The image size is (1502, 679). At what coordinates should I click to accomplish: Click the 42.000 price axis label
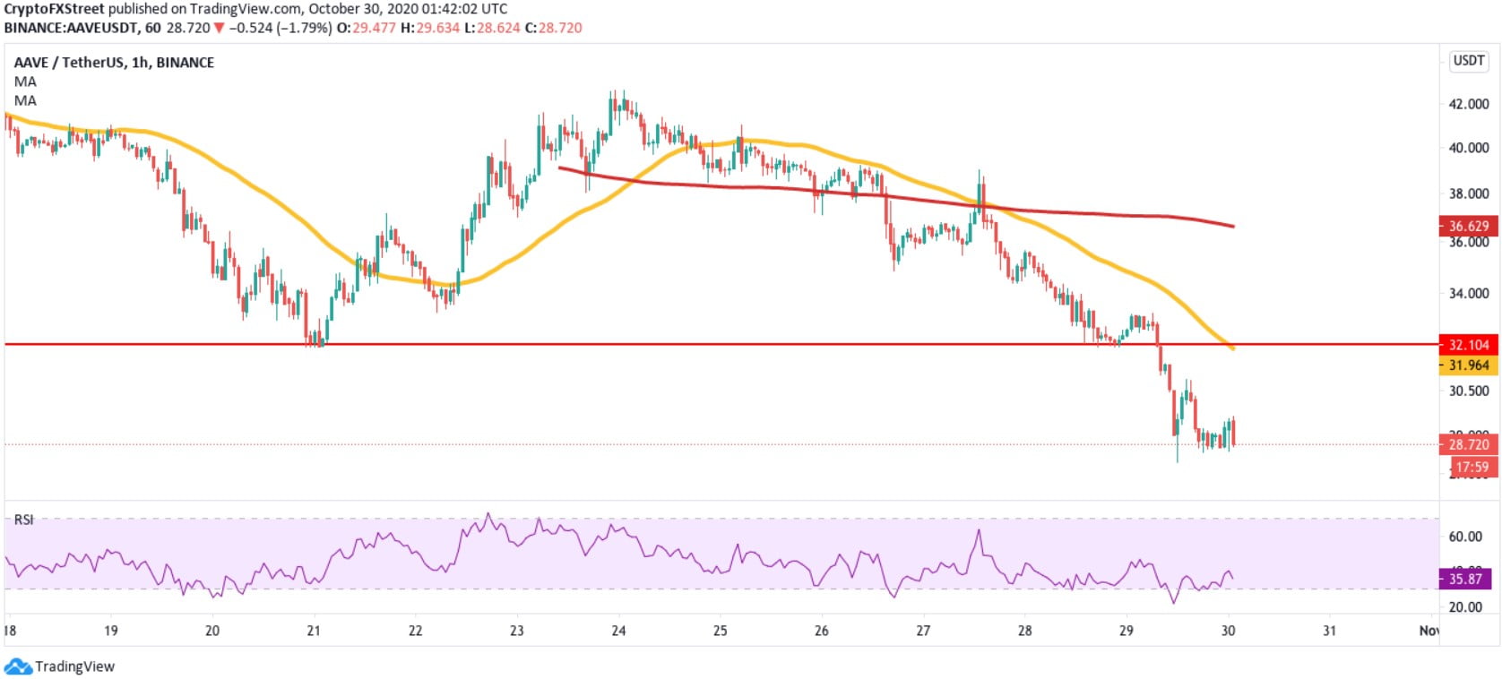(x=1468, y=104)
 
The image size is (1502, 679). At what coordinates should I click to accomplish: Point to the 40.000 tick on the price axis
(x=1468, y=148)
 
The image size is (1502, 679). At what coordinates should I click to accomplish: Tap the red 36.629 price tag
(x=1468, y=227)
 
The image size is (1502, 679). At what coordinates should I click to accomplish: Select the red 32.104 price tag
(x=1468, y=345)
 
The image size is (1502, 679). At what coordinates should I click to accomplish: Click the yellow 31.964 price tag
(x=1468, y=365)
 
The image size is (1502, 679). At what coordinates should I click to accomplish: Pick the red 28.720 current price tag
(x=1468, y=444)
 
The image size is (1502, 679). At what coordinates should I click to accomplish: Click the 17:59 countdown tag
(x=1471, y=467)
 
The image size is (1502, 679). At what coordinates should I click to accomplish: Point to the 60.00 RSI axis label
(x=1465, y=537)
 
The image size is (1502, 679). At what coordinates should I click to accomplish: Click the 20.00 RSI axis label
(x=1465, y=606)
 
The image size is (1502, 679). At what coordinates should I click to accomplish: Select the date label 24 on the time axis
(x=618, y=631)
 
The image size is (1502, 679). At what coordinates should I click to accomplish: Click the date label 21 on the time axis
(x=314, y=631)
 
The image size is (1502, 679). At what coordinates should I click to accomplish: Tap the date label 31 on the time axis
(x=1329, y=631)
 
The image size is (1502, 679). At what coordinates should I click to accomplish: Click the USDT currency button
(x=1469, y=61)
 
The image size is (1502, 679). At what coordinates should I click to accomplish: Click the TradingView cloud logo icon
(x=18, y=666)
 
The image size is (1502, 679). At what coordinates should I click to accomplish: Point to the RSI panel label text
(x=23, y=520)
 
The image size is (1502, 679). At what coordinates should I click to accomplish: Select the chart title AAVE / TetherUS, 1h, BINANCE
(x=114, y=63)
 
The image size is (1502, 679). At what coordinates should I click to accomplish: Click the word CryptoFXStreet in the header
(x=54, y=9)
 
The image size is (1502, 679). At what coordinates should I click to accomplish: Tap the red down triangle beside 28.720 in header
(x=219, y=28)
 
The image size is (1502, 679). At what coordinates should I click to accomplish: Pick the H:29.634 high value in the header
(x=429, y=28)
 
